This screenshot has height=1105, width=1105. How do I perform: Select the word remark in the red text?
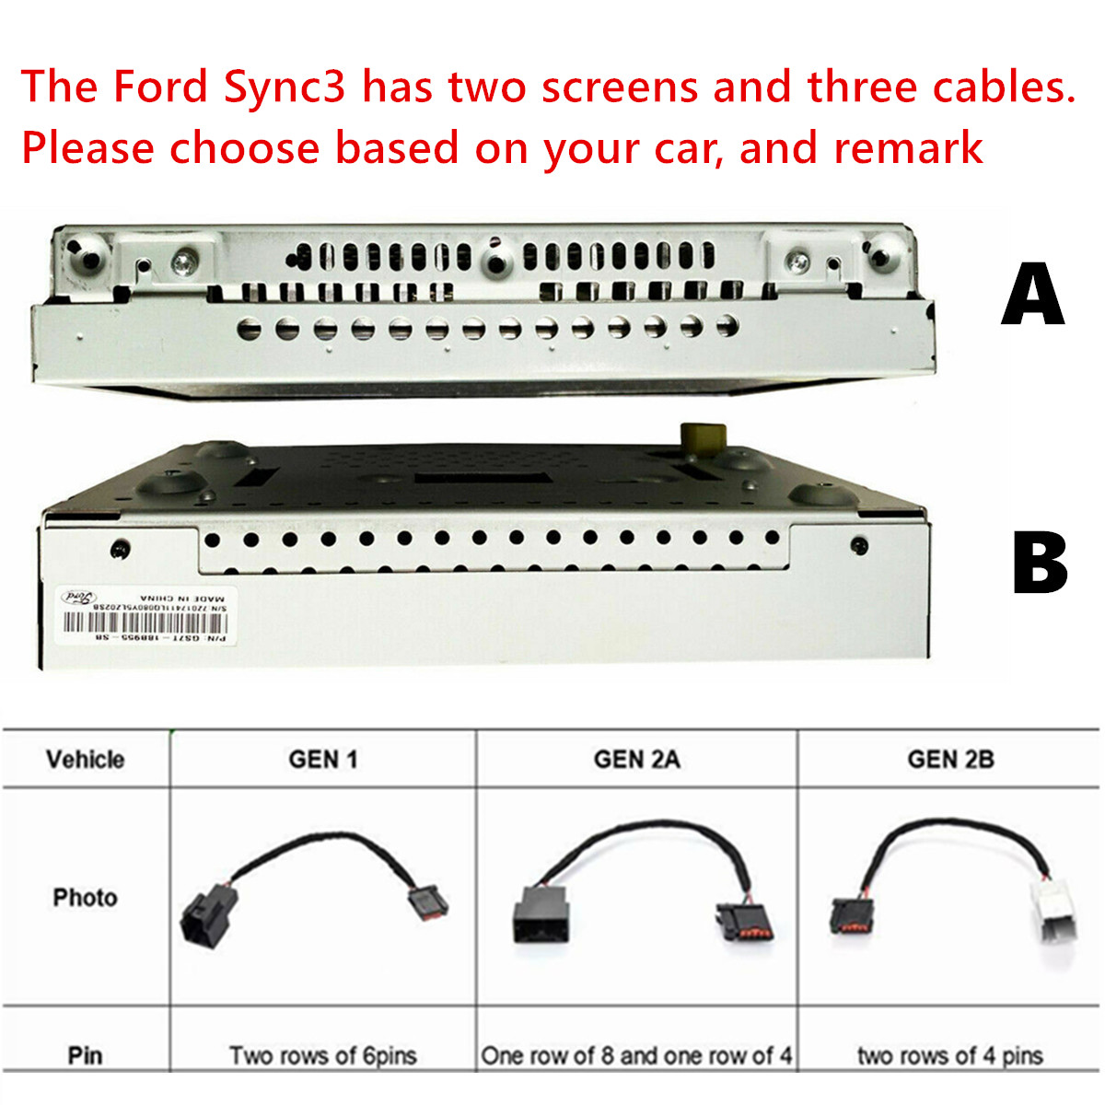pyautogui.click(x=907, y=148)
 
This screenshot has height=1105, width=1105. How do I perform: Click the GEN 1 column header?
pyautogui.click(x=322, y=760)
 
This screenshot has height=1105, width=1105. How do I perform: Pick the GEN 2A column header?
pyautogui.click(x=636, y=760)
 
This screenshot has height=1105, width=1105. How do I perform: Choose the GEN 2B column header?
pyautogui.click(x=950, y=760)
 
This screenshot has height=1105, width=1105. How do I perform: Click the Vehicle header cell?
pyautogui.click(x=85, y=760)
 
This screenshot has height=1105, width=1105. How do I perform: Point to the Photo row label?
pyautogui.click(x=85, y=898)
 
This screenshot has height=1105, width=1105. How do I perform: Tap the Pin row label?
pyautogui.click(x=85, y=1055)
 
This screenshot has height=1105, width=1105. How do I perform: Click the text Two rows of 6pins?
pyautogui.click(x=322, y=1055)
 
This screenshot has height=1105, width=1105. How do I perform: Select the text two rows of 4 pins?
pyautogui.click(x=950, y=1055)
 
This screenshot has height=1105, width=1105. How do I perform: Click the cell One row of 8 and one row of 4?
pyautogui.click(x=636, y=1055)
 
